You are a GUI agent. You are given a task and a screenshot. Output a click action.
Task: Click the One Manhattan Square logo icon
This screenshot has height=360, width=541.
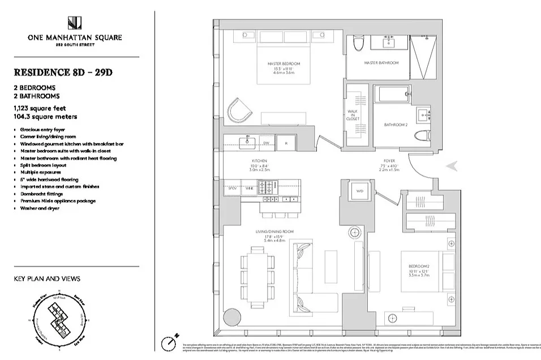tap(74, 24)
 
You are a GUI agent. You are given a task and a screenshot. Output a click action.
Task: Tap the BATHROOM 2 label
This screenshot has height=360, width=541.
tap(396, 125)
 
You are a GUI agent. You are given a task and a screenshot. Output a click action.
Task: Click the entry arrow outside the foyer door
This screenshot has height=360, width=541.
tap(453, 165)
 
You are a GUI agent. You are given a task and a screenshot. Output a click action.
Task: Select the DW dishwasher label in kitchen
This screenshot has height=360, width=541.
tap(266, 143)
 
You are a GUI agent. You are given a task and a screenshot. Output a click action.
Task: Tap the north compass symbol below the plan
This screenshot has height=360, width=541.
tap(168, 343)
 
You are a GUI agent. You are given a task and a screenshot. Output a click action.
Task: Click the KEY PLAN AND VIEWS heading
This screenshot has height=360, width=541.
tap(47, 278)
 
